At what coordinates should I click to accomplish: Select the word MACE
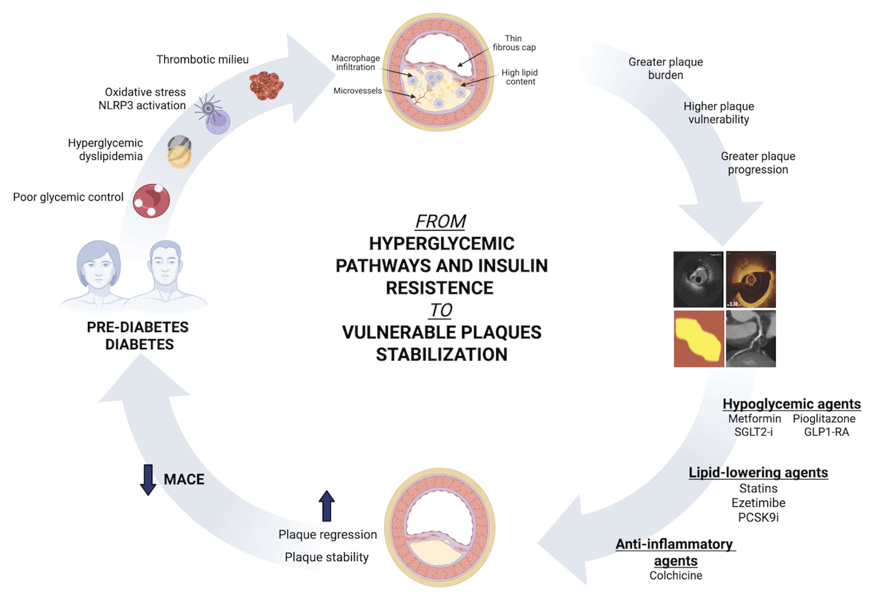[x=184, y=479]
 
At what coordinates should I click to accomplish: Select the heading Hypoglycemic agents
[x=792, y=404]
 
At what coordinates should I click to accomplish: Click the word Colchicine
[x=676, y=575]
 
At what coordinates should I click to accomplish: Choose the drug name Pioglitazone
[x=824, y=419]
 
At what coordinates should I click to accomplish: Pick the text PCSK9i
[x=758, y=517]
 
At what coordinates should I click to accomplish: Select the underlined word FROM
[x=441, y=221]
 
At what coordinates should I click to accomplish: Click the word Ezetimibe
[x=758, y=503]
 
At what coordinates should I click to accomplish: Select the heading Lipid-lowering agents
[x=758, y=472]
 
